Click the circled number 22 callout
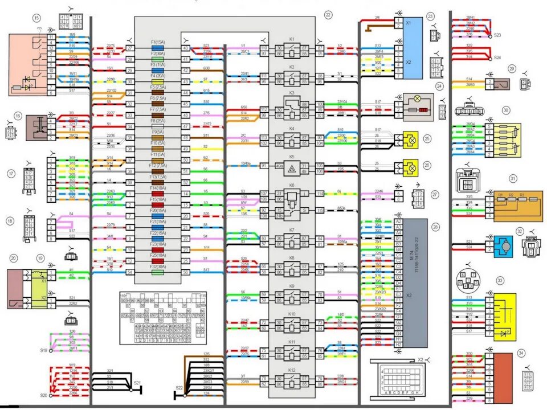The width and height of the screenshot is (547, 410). (328, 14)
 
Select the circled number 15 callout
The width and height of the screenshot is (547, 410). (37, 18)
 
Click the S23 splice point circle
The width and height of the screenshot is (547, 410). (490, 35)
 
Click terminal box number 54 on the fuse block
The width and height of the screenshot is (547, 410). (130, 272)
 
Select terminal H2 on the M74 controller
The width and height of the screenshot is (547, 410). (398, 345)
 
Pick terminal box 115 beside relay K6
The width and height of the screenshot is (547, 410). (320, 211)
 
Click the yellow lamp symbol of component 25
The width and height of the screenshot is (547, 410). (410, 139)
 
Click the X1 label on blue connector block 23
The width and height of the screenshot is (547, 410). (408, 23)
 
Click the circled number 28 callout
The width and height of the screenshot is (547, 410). (435, 227)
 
